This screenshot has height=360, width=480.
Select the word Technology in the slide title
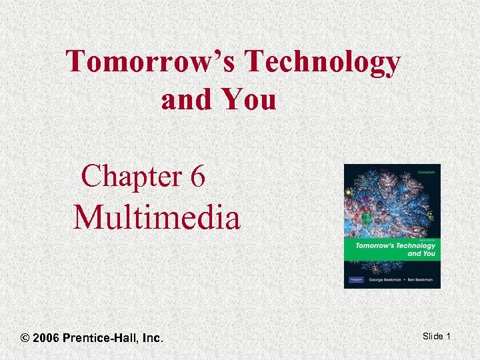coord(323,63)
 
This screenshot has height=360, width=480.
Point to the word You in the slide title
coord(250,100)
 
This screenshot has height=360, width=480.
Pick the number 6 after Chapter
coord(197,177)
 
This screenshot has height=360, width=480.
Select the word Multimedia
coord(157,217)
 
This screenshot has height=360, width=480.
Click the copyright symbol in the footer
coord(25,338)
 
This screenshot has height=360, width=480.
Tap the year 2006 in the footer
coord(46,338)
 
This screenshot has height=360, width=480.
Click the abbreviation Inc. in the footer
coord(153,338)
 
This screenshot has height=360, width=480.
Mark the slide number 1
coord(449,336)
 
